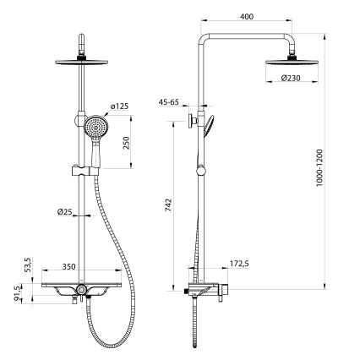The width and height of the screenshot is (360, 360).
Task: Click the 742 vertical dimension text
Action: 170,204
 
